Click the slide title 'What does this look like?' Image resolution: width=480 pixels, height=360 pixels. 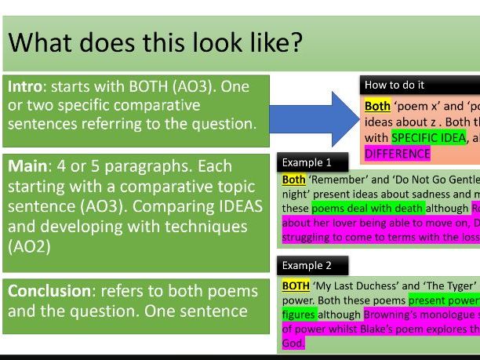[155, 42]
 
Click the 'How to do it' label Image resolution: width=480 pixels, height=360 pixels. [395, 85]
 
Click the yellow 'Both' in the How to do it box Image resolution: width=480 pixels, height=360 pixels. [377, 107]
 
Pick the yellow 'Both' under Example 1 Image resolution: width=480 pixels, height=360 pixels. [294, 180]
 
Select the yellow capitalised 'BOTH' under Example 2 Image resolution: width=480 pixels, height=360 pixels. [296, 286]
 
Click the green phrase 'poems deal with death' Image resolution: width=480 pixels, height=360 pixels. [368, 209]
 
